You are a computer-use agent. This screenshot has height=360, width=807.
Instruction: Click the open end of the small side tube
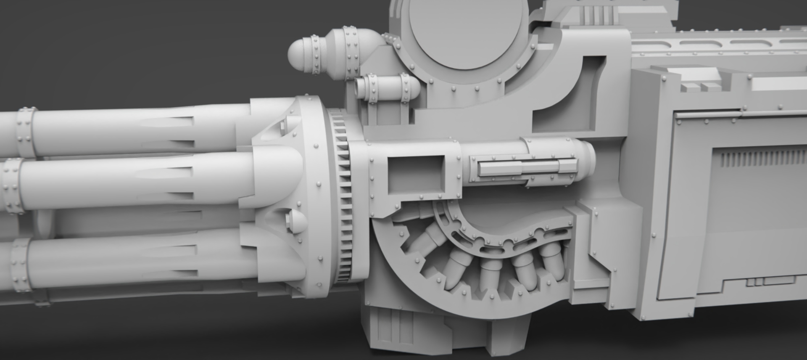click(359, 87)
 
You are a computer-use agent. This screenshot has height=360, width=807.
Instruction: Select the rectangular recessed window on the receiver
click(415, 172)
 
